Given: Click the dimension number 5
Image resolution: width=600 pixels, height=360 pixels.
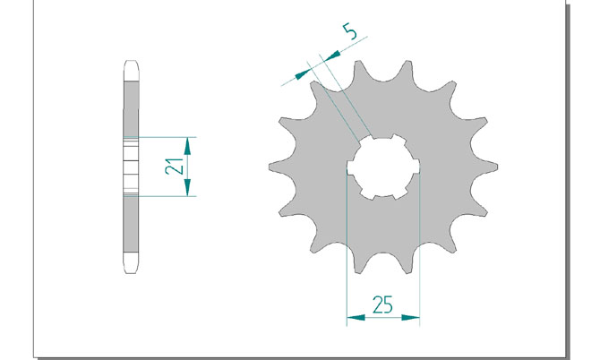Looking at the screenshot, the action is pos(350,31).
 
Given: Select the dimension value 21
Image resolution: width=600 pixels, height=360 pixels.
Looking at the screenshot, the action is pos(174,166).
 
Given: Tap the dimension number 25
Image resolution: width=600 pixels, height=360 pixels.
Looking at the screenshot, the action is pos(382,304).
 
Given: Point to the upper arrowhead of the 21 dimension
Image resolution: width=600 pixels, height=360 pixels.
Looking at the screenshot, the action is pos(187,146).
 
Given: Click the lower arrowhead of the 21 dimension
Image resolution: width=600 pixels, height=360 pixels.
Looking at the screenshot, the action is pos(187,187).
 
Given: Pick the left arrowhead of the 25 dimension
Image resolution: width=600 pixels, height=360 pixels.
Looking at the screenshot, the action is pos(356,318).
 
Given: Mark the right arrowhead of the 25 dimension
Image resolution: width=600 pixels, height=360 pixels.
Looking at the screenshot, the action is pos(410,318).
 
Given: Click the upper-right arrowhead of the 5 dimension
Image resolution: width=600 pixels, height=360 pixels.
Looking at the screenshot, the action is pos(331,56).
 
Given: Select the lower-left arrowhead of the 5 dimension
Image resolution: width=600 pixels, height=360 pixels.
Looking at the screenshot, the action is pos(303,74).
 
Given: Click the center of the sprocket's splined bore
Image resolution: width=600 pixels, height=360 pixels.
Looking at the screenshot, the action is pos(383,167).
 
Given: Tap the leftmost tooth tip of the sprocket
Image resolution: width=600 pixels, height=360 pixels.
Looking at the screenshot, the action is pos(270,167).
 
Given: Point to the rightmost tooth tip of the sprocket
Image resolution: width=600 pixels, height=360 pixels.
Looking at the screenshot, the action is pos(496,167).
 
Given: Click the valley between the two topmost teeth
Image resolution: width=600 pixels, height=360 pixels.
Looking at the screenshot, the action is pos(383,81).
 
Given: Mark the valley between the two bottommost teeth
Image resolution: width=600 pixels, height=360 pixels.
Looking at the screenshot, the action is pos(383,253).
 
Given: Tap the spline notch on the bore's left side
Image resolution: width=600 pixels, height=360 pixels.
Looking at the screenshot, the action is pos(350,167).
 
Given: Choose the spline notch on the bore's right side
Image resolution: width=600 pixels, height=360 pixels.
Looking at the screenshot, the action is pos(416,167).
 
